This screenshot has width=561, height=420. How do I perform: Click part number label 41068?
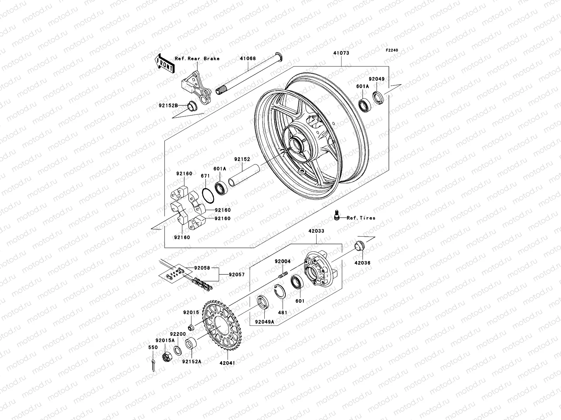tap(248, 59)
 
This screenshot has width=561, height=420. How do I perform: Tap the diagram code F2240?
tap(392, 50)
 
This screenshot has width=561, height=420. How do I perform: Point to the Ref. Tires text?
tap(361, 218)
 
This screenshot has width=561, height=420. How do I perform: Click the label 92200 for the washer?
tap(178, 334)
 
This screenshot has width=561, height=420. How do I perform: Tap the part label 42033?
tap(316, 231)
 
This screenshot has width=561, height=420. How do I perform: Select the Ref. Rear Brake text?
tap(202, 58)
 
